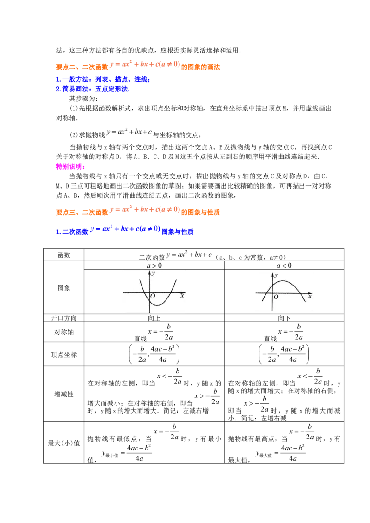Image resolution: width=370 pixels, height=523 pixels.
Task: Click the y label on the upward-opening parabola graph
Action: coord(153,274)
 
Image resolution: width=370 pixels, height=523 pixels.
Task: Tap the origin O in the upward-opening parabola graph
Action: coord(153,296)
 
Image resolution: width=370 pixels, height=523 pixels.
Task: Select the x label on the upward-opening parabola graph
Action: coord(182,296)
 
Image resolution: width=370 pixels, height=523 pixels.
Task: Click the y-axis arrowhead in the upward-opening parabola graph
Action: coord(149,272)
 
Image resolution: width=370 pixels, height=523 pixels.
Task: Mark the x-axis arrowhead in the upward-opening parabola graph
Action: coord(185,293)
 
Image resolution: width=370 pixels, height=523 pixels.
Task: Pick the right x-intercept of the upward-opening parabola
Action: coord(170,293)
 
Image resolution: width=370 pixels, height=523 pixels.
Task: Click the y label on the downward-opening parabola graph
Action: coord(276,275)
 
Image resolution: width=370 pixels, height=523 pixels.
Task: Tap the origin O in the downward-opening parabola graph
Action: coord(276,297)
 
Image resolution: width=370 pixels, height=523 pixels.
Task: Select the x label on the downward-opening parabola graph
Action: coord(309,296)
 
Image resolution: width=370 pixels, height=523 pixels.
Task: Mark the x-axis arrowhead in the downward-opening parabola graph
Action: coord(312,293)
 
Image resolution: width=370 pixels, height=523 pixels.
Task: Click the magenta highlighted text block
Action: coord(70,166)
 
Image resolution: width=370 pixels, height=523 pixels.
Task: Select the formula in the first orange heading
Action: coord(144,65)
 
